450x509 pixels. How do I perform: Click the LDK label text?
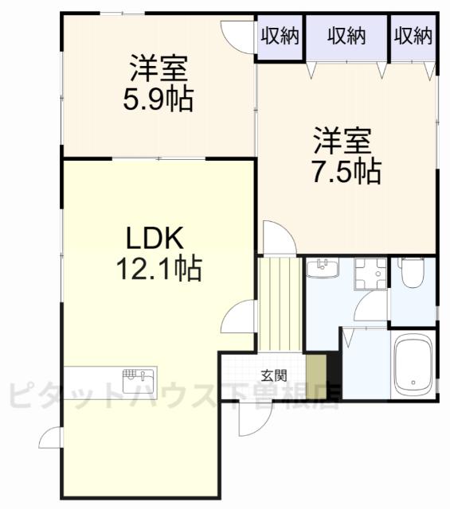point(155,238)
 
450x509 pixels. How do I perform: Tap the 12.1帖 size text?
point(158,269)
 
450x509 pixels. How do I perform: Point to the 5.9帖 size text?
point(159,101)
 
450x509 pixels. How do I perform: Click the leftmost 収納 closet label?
point(279,36)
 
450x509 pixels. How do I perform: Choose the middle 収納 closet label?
point(345,36)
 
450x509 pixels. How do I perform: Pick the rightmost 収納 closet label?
point(413,36)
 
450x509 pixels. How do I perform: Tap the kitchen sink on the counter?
point(132,377)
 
